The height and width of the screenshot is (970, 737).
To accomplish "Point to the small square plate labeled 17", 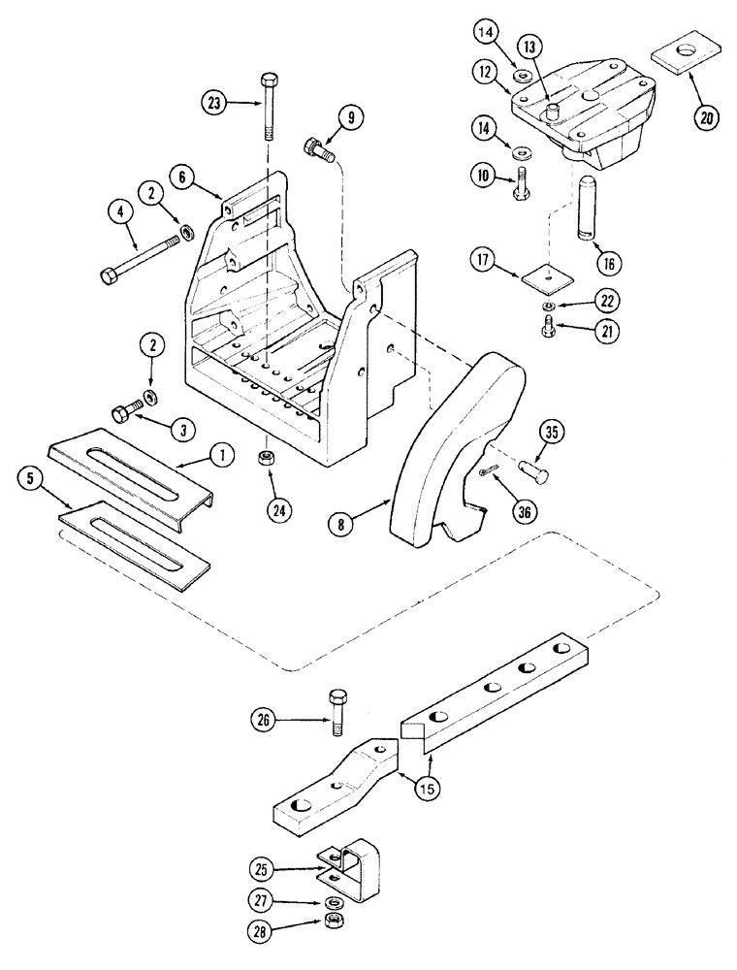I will [x=543, y=278].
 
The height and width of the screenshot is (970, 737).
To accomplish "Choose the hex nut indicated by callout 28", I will [x=333, y=919].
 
